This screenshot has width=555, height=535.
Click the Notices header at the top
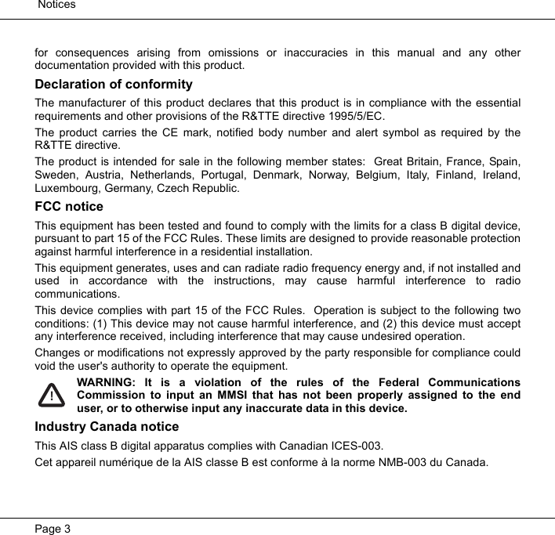point(56,5)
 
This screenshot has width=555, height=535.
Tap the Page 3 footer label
point(53,529)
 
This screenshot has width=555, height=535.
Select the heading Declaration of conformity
point(114,85)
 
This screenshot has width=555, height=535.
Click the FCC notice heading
point(69,207)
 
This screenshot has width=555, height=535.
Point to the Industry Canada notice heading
point(107,427)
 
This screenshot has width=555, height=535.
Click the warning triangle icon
point(52,396)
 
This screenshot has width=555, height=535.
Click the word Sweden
point(55,175)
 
